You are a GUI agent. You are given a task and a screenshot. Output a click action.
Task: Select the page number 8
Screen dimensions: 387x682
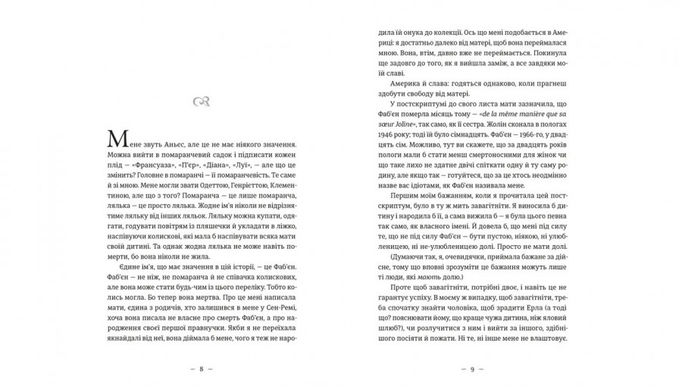coord(201,369)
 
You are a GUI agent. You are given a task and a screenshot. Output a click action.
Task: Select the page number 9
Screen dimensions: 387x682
coord(471,369)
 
